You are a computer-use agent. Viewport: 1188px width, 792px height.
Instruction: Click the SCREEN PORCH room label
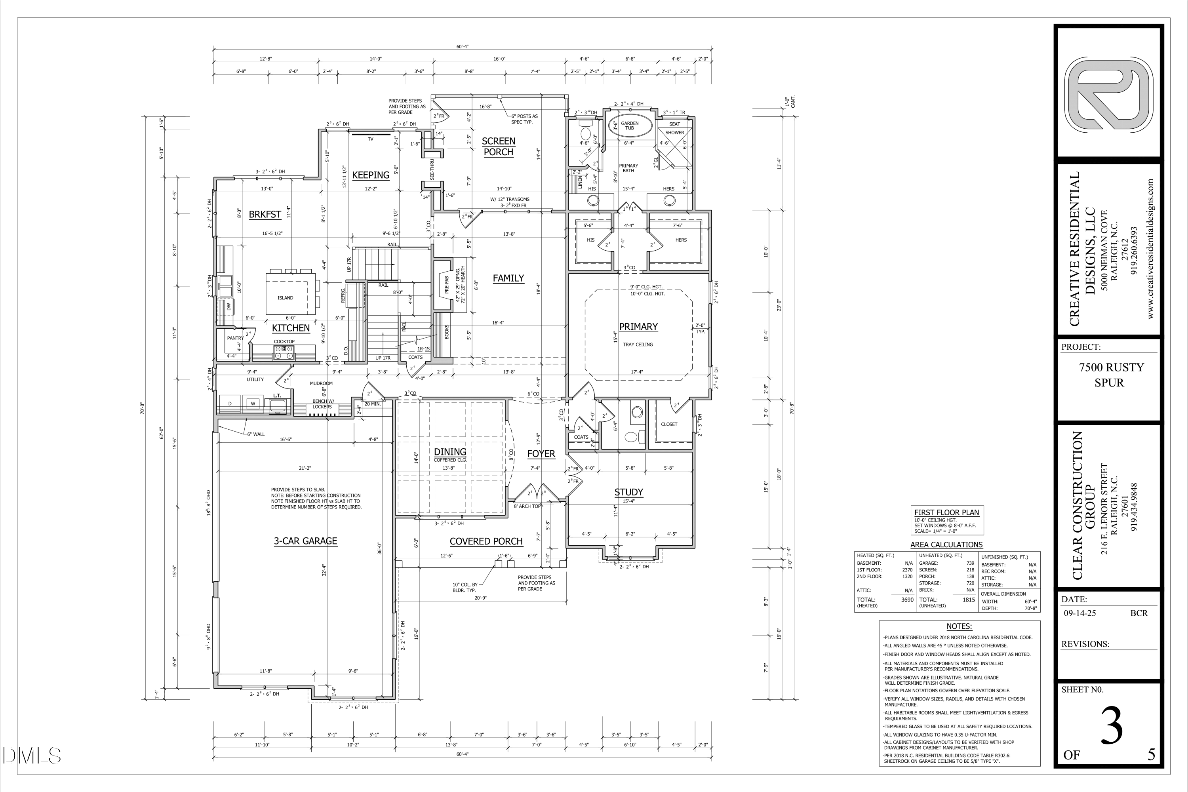[498, 147]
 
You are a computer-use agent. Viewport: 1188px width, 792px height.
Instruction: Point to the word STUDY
[628, 492]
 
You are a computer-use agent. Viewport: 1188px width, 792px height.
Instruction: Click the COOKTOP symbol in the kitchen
[284, 352]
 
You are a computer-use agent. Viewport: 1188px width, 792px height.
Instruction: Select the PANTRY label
[235, 338]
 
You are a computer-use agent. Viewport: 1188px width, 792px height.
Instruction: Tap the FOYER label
[541, 453]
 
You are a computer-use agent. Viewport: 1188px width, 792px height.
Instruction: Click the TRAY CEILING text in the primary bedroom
[638, 345]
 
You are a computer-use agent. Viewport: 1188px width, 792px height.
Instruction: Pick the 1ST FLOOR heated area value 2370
[907, 570]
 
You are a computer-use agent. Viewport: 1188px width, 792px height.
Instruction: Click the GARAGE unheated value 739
[970, 563]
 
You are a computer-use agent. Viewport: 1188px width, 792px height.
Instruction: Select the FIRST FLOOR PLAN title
[946, 512]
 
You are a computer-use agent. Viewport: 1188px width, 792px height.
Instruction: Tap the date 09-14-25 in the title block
[1080, 613]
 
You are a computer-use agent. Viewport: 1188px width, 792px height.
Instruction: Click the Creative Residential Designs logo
[1109, 101]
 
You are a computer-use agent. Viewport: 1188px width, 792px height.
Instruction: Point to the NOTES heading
[959, 626]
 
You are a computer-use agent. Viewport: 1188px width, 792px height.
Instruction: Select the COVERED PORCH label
[485, 541]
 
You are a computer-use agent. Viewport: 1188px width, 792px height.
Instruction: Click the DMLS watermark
[31, 756]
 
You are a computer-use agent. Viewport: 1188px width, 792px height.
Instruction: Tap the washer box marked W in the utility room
[253, 404]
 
